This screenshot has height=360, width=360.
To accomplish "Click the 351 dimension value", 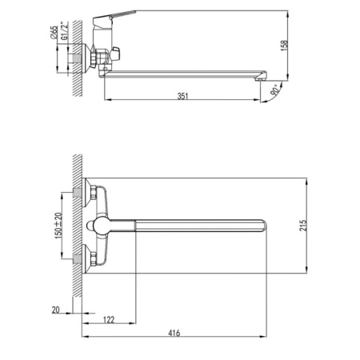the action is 182,96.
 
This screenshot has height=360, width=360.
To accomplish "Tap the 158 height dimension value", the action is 285,46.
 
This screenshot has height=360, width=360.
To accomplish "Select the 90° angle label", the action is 275,90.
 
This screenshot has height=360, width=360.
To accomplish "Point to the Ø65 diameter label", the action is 54,32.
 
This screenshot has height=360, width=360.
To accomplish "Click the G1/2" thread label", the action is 64,31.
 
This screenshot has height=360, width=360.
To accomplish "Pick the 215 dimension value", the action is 303,226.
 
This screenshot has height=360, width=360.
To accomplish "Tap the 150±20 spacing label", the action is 58,226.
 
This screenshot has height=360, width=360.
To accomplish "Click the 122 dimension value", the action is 109,319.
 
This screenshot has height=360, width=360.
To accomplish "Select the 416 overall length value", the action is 174,333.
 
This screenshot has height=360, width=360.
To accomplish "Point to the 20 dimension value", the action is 56,310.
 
